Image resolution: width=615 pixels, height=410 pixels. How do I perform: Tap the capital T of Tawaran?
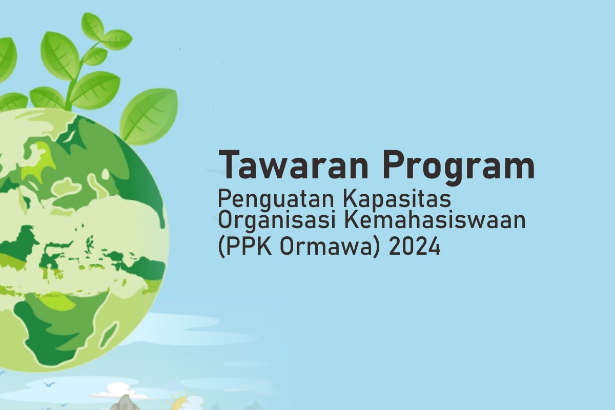coord(230,165)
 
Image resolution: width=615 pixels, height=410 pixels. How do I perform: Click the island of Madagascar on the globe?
coord(109,335)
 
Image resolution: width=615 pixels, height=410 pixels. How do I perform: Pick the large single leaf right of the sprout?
coord(149,115)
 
